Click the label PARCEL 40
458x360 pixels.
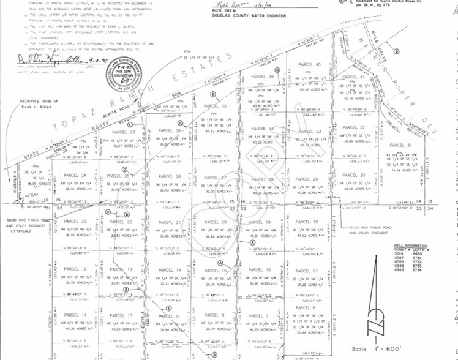pos(309,64)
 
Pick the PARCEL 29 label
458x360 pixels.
pos(307,179)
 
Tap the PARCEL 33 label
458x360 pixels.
pos(309,131)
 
